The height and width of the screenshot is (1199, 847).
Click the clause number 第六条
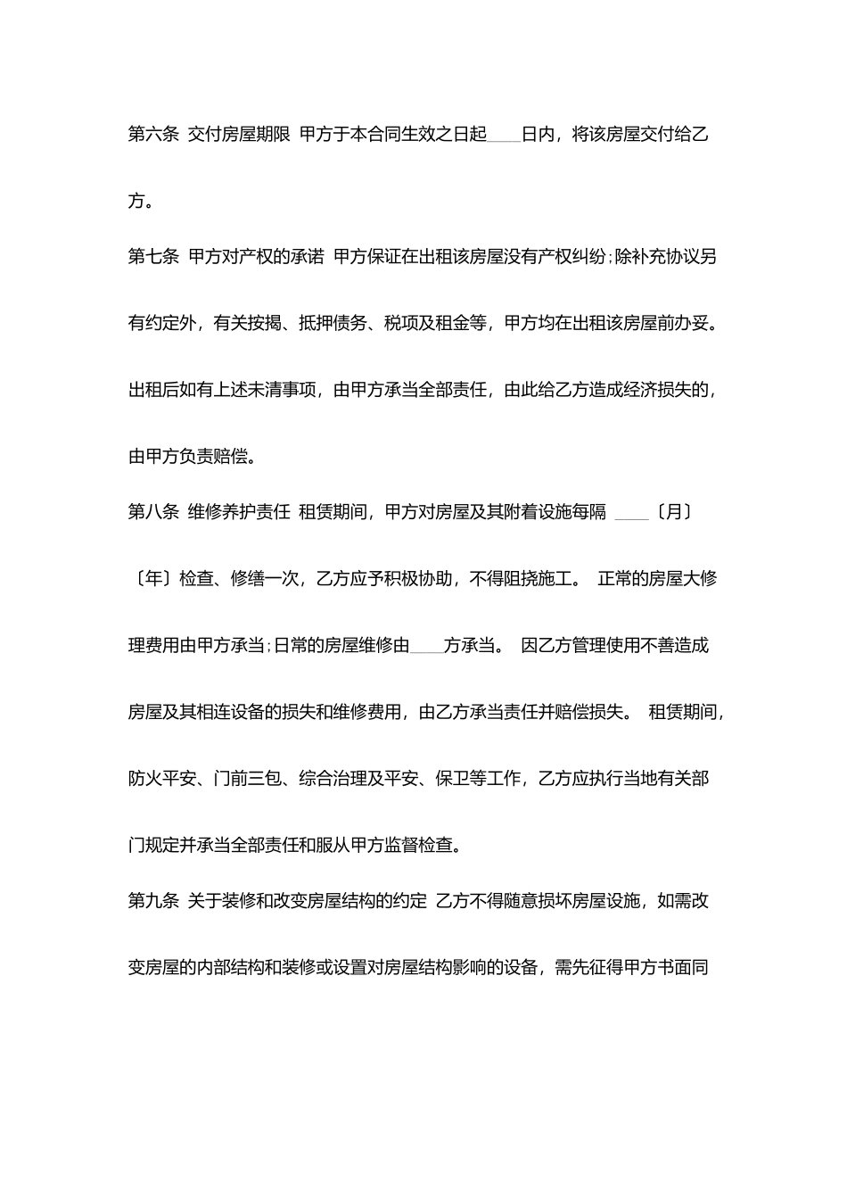[153, 135]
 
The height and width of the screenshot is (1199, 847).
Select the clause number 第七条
[153, 258]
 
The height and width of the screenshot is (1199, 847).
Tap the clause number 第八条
[153, 512]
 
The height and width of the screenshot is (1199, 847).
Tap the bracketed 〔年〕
[149, 578]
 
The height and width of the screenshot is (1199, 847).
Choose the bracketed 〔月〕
[673, 512]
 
